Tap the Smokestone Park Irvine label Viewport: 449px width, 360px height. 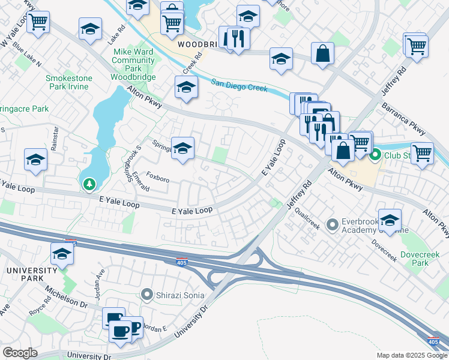pos(67,82)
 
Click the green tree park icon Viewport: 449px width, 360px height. pos(89,184)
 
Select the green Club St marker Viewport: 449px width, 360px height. pos(376,156)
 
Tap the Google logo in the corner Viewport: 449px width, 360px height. pos(20,352)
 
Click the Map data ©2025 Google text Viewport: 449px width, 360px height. pos(411,355)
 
